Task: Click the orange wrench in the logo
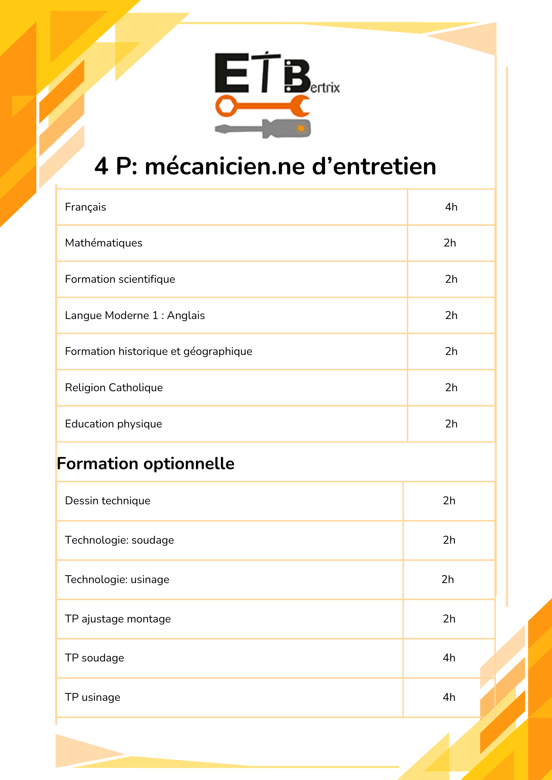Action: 262,106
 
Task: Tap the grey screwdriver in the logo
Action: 262,129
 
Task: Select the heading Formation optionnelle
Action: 146,464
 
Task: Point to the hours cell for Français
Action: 451,207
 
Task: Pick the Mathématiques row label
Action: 103,243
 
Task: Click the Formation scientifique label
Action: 120,279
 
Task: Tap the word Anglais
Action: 186,316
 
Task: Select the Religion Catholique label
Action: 114,388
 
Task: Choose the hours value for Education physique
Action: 451,424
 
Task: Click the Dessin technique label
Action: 107,501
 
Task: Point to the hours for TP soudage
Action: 449,658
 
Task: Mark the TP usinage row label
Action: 93,697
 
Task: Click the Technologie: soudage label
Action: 119,540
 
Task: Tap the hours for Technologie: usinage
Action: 448,580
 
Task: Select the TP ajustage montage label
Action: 118,619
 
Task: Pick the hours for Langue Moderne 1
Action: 451,316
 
